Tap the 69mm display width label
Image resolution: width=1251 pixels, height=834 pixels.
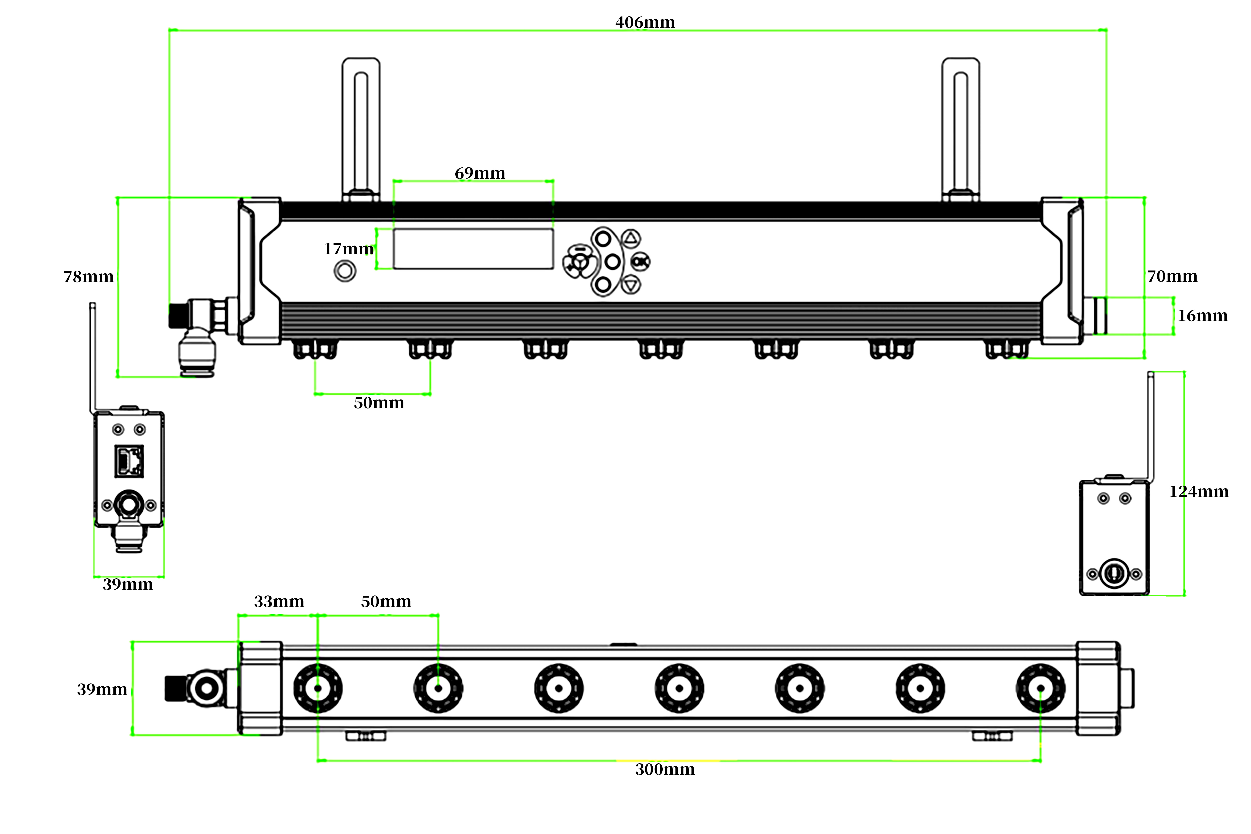click(x=480, y=173)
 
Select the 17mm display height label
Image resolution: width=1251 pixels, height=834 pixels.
click(x=348, y=249)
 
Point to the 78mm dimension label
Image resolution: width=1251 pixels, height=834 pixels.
click(x=88, y=277)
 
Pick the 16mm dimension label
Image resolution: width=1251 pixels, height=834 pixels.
click(x=1202, y=316)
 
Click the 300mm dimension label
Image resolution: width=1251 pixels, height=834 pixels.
click(x=665, y=770)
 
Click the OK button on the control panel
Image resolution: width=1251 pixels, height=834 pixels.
click(x=640, y=262)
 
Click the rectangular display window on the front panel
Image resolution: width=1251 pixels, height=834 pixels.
click(x=473, y=249)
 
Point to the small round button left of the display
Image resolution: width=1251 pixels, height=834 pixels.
click(x=345, y=271)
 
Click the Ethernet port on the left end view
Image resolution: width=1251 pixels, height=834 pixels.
click(x=129, y=461)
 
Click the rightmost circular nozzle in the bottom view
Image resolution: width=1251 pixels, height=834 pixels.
click(x=1040, y=688)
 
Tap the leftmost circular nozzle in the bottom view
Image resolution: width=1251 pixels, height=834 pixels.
click(x=318, y=688)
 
